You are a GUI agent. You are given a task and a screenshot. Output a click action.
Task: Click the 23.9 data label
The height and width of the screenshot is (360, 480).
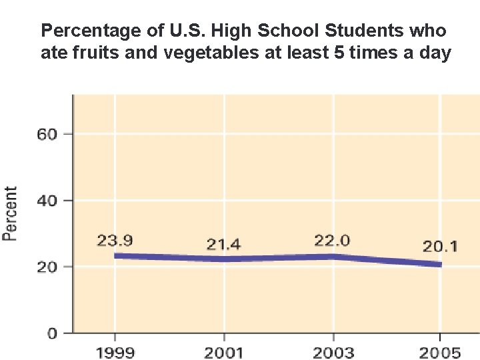tap(115, 240)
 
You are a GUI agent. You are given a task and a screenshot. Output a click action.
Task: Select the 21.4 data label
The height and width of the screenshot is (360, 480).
tap(223, 245)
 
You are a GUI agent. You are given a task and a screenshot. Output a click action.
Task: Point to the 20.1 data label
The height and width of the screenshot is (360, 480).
tap(440, 247)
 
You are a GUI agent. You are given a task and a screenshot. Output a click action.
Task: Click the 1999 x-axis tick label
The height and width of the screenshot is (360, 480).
tap(115, 351)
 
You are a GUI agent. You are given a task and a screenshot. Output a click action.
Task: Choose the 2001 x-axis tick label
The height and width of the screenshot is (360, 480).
tap(223, 351)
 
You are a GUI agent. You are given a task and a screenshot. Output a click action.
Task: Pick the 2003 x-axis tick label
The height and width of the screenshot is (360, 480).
tap(332, 351)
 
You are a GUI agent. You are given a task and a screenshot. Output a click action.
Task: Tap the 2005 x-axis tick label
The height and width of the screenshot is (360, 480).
tap(440, 351)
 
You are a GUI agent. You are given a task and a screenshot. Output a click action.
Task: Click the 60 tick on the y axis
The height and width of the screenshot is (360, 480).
tap(49, 134)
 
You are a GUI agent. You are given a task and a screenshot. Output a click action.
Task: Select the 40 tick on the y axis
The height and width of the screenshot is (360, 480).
tap(49, 200)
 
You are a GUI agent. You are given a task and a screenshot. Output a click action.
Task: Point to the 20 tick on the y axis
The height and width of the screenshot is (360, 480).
tap(49, 267)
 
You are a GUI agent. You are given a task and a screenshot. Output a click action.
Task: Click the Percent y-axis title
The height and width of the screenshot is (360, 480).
tap(11, 213)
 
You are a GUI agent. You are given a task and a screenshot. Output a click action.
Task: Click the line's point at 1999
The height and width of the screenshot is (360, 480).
tap(115, 255)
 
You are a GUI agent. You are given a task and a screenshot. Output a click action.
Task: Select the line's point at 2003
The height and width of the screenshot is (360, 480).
tap(332, 256)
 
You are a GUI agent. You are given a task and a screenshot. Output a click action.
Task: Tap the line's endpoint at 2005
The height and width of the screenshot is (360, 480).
tap(439, 265)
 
